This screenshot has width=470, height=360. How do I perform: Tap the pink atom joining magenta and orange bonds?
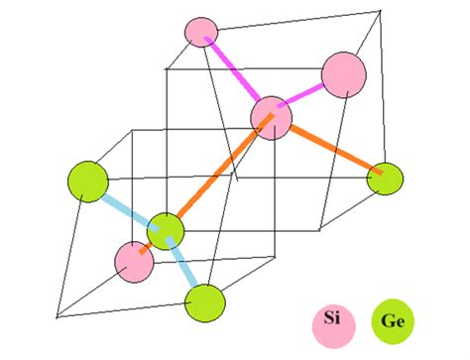point(271,117)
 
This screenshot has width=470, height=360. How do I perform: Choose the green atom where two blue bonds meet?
point(166,231)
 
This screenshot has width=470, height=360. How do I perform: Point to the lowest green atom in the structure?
point(205,301)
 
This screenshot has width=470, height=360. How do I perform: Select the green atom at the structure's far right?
point(385,179)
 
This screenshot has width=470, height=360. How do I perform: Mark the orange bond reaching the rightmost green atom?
point(332,150)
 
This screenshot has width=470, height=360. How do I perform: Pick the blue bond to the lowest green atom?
point(185,266)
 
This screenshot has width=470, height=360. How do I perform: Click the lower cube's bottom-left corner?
point(58,317)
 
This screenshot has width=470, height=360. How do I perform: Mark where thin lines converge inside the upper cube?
point(237,180)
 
